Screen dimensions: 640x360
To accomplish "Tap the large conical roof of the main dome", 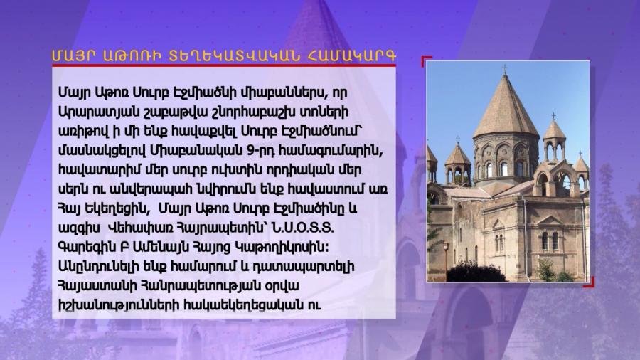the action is [506, 107].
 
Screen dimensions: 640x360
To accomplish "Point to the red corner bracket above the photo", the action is [426, 60].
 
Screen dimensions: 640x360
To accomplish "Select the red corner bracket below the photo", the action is [589, 282].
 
